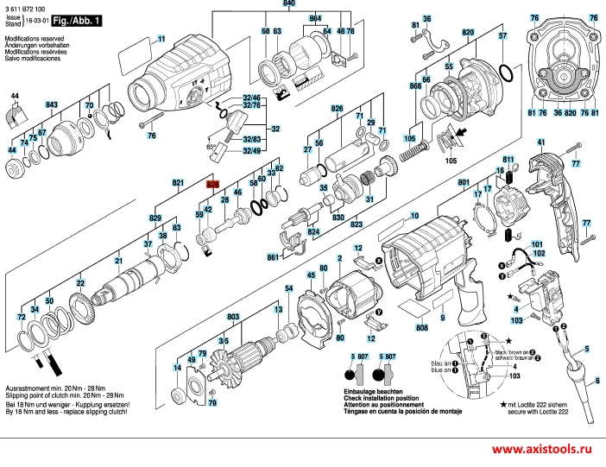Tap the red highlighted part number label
pos(211,184)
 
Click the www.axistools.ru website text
pos(544,451)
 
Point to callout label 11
pos(161,40)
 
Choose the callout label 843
pos(52,104)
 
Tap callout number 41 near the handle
pos(541,142)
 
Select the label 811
pos(508,160)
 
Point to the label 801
pos(464,183)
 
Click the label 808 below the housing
pos(421,328)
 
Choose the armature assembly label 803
pos(232,318)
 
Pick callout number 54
pos(289,288)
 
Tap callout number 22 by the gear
pos(80,282)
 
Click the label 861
pos(273,257)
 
